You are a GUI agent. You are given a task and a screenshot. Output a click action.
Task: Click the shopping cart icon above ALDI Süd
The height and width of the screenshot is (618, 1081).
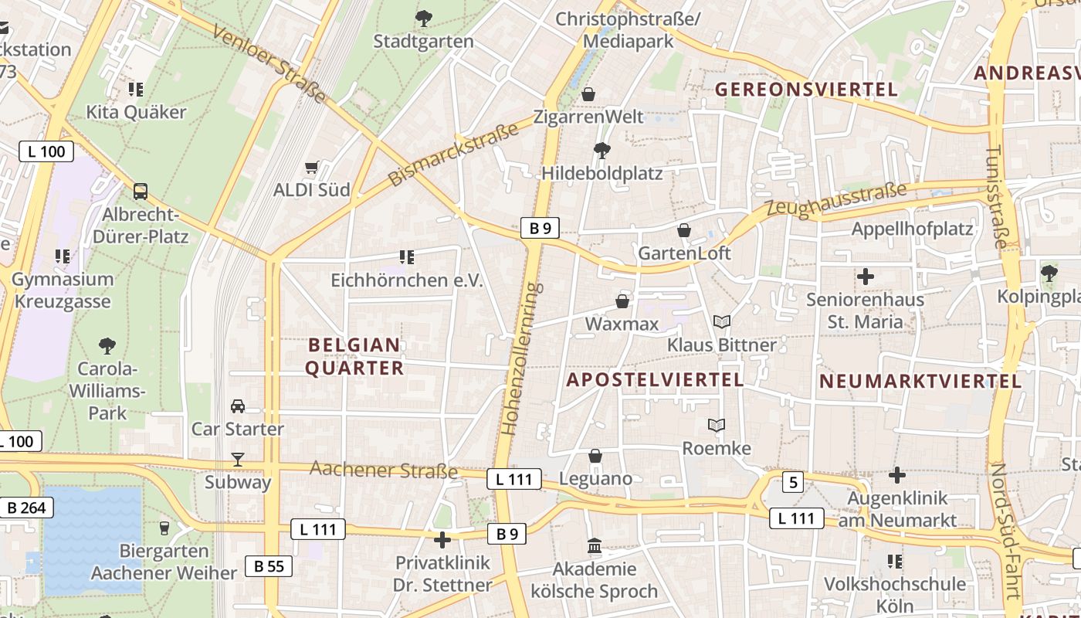coord(312,168)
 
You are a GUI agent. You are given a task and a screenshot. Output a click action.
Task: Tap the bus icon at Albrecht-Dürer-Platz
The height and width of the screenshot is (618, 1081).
coord(141,191)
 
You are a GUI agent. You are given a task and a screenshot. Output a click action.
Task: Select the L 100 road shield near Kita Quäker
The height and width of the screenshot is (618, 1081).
coord(46,151)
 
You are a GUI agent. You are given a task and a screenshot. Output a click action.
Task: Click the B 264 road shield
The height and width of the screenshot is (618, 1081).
coord(26,508)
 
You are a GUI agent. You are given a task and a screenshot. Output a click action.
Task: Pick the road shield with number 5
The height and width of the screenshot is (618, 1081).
coord(792,483)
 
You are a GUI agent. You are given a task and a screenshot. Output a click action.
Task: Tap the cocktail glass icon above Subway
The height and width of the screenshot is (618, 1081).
coord(238,460)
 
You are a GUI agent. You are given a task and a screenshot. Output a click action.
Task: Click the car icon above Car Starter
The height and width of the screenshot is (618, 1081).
coord(238,406)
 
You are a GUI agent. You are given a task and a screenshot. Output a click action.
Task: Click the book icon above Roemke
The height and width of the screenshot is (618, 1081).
coord(717,426)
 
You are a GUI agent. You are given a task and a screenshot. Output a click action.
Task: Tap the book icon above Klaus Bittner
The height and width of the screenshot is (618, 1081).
coord(722,322)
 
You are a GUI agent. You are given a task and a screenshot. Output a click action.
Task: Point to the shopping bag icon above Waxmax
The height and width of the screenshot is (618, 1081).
coord(622,301)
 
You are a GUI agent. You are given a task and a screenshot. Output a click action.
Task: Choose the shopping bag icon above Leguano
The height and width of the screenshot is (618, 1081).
coord(595,456)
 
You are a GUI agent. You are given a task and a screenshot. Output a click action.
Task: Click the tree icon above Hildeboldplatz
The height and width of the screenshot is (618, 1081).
coord(601,151)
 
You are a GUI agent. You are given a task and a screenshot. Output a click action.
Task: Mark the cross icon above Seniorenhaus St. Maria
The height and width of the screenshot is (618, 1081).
coord(866,276)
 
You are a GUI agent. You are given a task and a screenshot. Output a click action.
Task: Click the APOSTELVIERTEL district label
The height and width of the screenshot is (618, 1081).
coord(656,380)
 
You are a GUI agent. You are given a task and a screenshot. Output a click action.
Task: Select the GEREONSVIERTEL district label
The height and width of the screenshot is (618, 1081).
coord(806,90)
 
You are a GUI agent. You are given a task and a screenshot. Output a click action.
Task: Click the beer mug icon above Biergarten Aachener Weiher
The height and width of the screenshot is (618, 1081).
coord(164,528)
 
